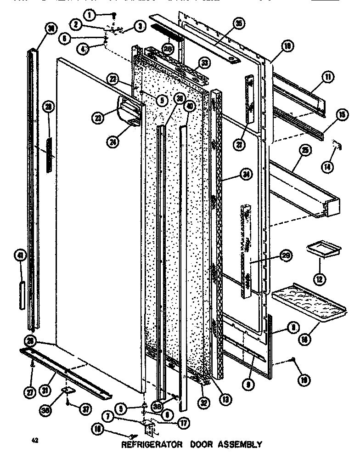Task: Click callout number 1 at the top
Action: click(90, 15)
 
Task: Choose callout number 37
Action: click(84, 410)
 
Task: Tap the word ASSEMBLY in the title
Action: click(241, 445)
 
